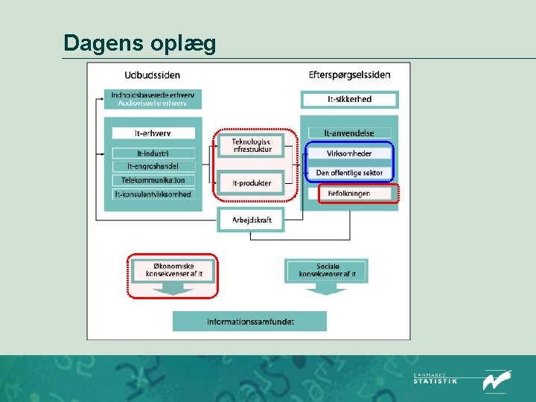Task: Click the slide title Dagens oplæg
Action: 140,42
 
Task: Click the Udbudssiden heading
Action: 152,75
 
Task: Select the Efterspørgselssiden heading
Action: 349,75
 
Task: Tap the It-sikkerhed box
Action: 349,99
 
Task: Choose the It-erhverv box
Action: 153,133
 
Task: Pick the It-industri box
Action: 153,153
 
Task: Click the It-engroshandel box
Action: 153,166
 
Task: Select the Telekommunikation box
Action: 153,180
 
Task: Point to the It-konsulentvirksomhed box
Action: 153,194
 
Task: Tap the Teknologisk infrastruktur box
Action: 251,145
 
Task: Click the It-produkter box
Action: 251,183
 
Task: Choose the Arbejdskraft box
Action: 251,220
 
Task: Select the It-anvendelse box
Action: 349,133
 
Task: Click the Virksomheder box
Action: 349,153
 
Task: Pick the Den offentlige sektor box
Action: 349,173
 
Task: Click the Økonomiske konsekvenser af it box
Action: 173,270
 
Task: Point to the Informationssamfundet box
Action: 250,322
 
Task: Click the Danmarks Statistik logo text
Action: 435,380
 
